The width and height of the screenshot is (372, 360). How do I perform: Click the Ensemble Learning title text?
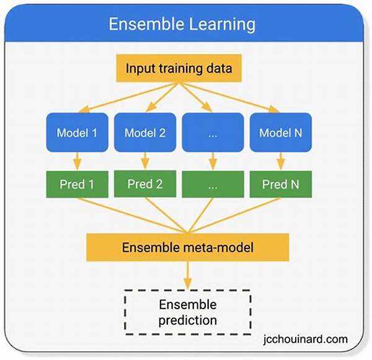point(182,24)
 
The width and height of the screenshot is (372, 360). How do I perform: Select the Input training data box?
point(179,68)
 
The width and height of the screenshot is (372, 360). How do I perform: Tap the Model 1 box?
point(77,133)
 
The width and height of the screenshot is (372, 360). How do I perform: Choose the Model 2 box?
point(145,133)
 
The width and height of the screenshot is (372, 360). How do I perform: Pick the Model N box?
point(281,133)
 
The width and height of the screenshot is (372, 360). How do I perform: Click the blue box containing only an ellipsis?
point(213,133)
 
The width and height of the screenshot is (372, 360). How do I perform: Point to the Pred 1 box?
point(77,184)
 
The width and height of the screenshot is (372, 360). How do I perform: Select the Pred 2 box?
point(145,184)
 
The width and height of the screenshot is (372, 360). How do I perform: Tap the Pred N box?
point(281,184)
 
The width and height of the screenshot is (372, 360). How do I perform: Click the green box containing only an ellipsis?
point(213,184)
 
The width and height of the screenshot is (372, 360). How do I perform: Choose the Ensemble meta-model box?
point(188,247)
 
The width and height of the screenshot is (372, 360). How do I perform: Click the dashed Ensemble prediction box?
point(188,312)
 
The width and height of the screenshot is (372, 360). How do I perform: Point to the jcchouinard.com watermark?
point(306,339)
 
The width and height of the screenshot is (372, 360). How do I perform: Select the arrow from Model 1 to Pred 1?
point(77,161)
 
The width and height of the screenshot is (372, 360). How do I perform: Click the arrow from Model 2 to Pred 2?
point(145,161)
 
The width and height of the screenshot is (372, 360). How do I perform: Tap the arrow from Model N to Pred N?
point(281,161)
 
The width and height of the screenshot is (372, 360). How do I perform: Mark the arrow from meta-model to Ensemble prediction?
point(188,275)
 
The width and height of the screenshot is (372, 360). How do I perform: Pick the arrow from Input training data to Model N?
point(229,97)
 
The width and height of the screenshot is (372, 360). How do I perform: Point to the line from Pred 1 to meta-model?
point(133,216)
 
